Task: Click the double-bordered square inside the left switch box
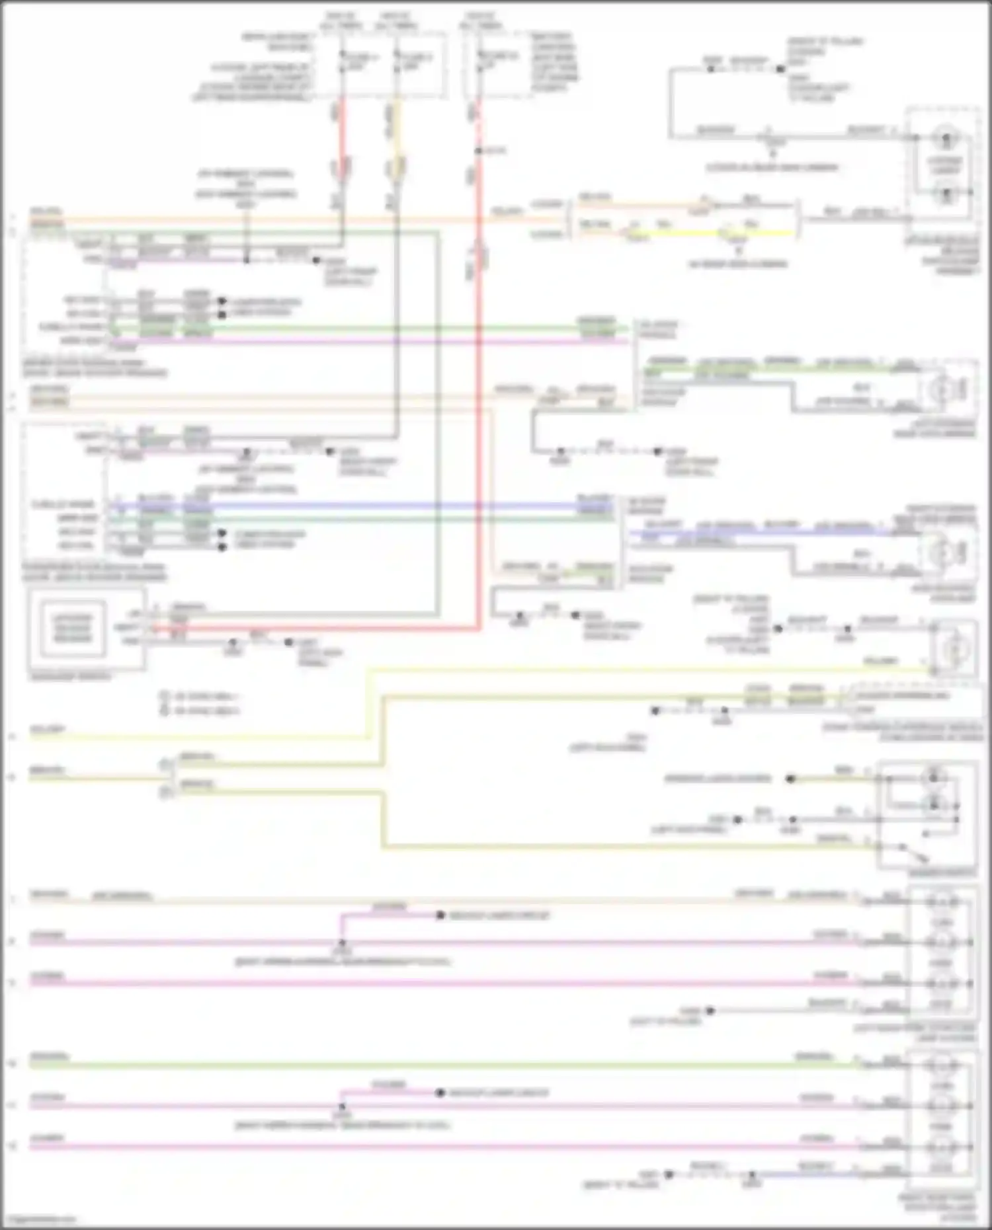71,629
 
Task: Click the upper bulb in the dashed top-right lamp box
946,139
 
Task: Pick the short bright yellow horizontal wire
761,233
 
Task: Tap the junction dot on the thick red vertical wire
478,151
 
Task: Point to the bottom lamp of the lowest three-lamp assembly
942,1147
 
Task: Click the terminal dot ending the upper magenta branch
440,915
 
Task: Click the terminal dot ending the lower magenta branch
440,1093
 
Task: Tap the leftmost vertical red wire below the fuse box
342,132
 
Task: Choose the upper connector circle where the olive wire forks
165,765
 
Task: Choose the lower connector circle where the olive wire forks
165,791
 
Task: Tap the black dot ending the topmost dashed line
780,68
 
